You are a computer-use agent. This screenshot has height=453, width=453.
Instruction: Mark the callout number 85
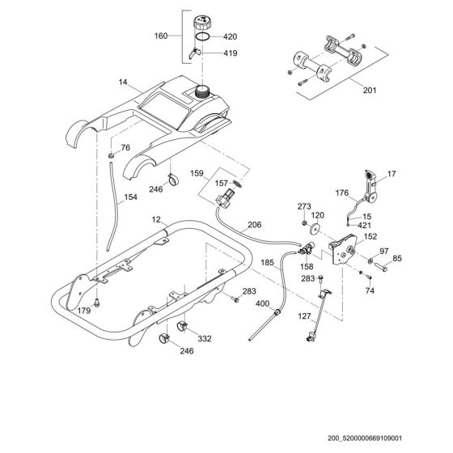(x=396, y=260)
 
